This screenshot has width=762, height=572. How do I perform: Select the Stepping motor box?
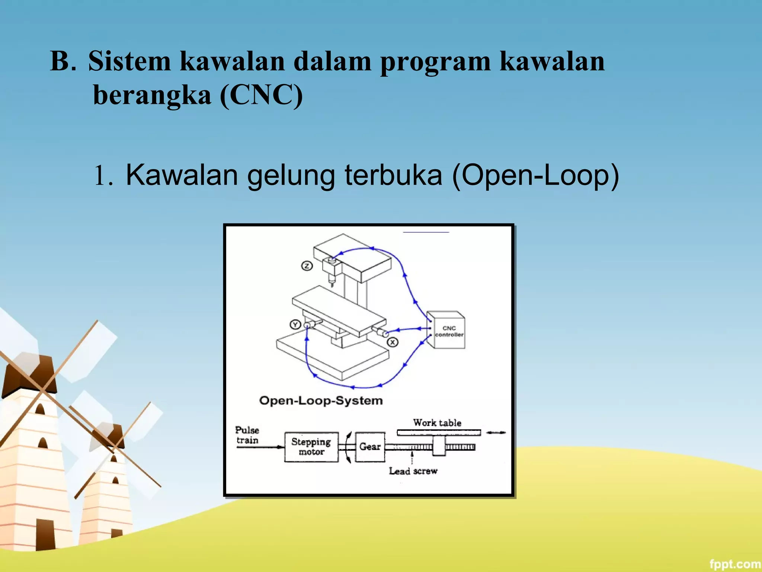(x=311, y=447)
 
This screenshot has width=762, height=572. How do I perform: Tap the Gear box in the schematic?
(x=370, y=447)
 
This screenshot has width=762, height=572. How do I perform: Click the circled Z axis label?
(x=307, y=266)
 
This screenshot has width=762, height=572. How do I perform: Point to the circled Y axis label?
(x=295, y=325)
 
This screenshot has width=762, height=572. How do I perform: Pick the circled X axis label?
(x=393, y=342)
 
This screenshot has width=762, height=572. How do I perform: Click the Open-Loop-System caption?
(x=321, y=401)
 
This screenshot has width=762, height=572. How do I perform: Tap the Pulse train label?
(x=247, y=435)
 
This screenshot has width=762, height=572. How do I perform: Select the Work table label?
(x=437, y=423)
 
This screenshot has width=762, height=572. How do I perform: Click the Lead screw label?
(x=413, y=471)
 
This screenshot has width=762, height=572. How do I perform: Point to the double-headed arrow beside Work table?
(x=496, y=432)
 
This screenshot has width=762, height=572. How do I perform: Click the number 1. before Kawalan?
(x=103, y=176)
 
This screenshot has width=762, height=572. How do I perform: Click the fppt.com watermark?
(x=734, y=564)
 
